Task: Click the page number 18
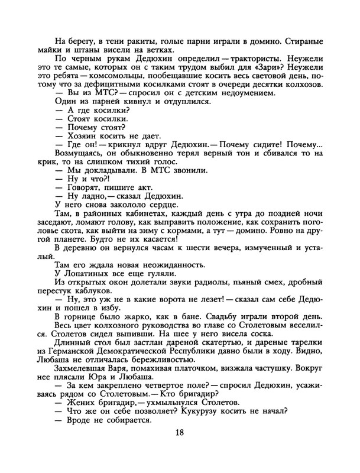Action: pyautogui.click(x=180, y=448)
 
